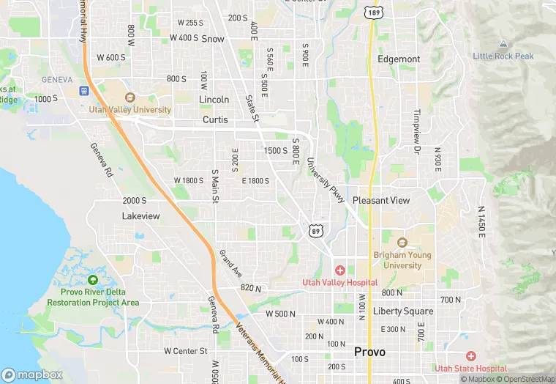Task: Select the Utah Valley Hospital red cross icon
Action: (340, 271)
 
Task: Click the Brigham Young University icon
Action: (401, 243)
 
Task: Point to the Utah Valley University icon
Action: (130, 97)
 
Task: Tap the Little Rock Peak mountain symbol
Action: (503, 44)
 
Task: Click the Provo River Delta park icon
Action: (92, 279)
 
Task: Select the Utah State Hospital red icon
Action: (470, 355)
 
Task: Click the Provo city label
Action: (369, 352)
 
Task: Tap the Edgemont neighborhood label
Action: (399, 59)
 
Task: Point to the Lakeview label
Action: (140, 216)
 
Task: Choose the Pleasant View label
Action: (381, 200)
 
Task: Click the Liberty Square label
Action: (403, 311)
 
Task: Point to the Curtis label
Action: (215, 119)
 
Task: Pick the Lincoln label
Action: (214, 99)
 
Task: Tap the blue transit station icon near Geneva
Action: (84, 91)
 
